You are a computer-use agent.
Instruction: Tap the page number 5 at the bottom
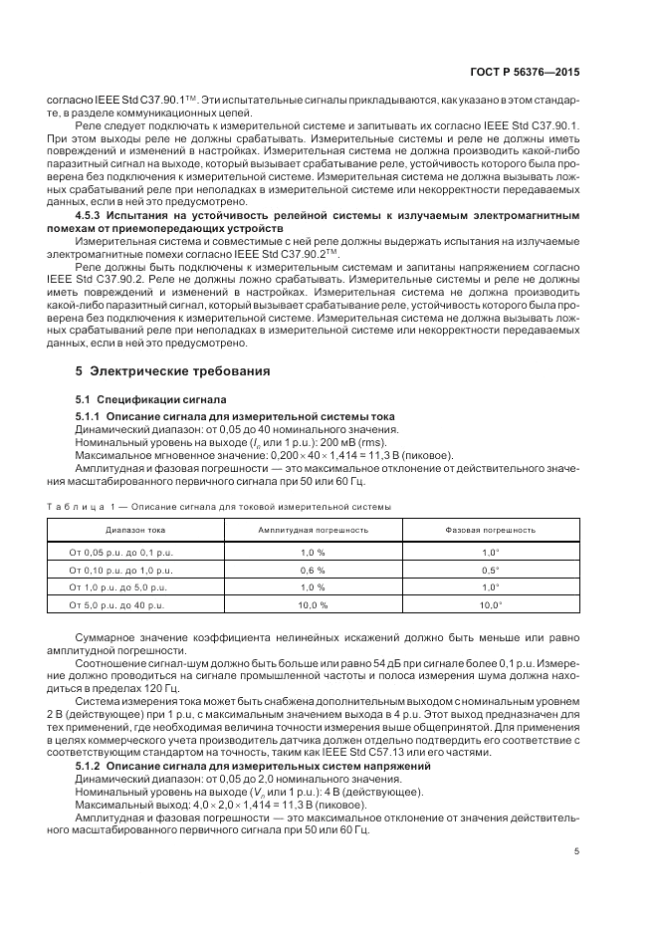click(x=576, y=851)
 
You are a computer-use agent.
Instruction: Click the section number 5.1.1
click(x=92, y=414)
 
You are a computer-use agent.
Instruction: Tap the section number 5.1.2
click(x=92, y=764)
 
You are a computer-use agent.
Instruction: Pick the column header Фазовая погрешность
click(x=490, y=531)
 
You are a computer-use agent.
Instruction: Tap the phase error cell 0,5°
click(x=490, y=570)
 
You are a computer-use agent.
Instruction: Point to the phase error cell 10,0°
click(x=490, y=605)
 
